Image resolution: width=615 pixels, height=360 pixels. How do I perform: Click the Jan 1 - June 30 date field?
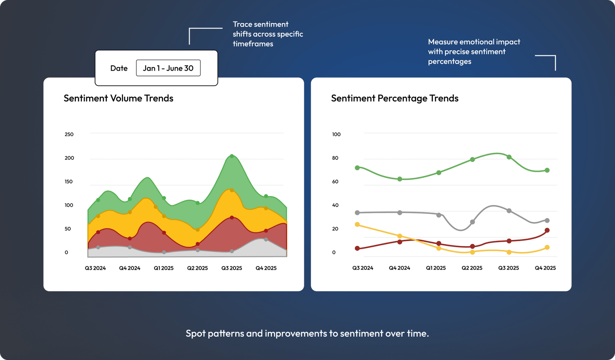tap(168, 68)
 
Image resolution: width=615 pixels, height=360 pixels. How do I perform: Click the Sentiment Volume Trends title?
tap(118, 98)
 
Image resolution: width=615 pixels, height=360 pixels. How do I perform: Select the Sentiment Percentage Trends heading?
tap(394, 98)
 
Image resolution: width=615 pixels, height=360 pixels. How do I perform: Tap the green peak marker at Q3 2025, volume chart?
tap(232, 156)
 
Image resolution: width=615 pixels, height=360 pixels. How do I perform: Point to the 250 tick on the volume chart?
tap(69, 134)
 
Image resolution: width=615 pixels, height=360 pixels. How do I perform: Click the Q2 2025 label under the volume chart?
tap(197, 268)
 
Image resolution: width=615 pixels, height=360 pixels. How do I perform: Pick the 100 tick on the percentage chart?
tap(336, 134)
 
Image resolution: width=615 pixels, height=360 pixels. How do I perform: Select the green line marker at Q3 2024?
tap(357, 168)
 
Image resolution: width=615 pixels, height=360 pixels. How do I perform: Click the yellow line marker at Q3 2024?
tap(357, 224)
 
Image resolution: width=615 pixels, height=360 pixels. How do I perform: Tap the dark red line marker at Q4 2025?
tap(547, 231)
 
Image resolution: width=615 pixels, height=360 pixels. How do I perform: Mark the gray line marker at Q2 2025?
tap(472, 222)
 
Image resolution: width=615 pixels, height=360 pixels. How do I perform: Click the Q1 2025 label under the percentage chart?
tap(435, 268)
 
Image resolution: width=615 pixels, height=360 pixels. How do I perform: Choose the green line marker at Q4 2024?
tap(400, 179)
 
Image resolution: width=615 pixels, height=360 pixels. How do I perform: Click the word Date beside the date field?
tap(119, 68)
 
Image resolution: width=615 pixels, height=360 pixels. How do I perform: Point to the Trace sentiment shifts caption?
tap(268, 34)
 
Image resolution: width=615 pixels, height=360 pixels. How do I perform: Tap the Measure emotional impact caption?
tap(474, 51)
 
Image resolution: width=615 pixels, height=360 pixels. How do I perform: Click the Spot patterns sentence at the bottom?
tap(307, 333)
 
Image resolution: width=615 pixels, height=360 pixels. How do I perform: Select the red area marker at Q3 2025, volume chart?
tap(232, 218)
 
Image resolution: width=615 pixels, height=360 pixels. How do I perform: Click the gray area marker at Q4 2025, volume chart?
tap(266, 239)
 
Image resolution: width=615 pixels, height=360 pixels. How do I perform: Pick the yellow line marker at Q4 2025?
tap(547, 247)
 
